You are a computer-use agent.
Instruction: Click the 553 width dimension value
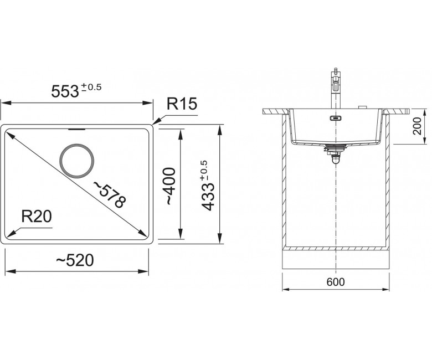65,91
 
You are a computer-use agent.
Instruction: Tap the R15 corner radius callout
182,104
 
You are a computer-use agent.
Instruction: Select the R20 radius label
37,216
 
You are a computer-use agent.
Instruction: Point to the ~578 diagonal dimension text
110,194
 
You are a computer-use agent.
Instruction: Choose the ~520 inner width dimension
75,260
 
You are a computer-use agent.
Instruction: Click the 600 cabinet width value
336,282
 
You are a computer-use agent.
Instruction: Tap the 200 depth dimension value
418,126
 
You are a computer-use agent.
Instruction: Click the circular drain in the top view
77,161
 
